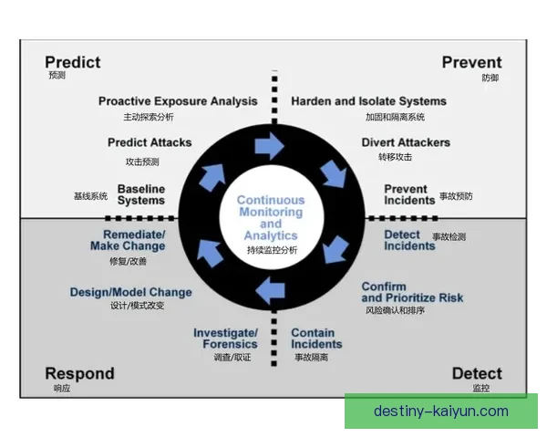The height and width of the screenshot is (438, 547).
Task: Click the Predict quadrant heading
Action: tap(73, 62)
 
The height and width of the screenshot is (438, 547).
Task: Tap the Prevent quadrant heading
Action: tap(471, 62)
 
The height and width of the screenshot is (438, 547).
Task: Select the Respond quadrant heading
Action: tap(79, 373)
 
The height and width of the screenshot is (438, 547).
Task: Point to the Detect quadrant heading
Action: tap(477, 373)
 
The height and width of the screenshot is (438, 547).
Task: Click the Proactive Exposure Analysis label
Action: tap(178, 101)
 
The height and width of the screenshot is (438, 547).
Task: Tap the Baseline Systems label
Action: tap(141, 194)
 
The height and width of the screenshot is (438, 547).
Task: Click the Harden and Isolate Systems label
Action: tap(368, 101)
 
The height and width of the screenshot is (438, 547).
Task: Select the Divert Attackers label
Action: tap(406, 142)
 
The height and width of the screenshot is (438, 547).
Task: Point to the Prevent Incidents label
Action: tap(406, 194)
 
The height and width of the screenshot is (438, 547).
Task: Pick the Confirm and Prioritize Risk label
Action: tap(412, 292)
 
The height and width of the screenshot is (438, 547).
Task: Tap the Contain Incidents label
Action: tap(316, 339)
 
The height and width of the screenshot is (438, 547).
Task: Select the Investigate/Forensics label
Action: tap(225, 339)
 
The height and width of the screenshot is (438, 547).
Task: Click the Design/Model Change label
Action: tap(130, 292)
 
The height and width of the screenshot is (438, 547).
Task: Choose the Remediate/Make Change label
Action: tap(128, 240)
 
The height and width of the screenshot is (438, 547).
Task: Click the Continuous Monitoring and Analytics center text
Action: tap(271, 218)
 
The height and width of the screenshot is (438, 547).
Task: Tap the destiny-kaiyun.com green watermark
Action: tap(440, 412)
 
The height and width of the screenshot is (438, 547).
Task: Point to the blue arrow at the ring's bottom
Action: tap(270, 290)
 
